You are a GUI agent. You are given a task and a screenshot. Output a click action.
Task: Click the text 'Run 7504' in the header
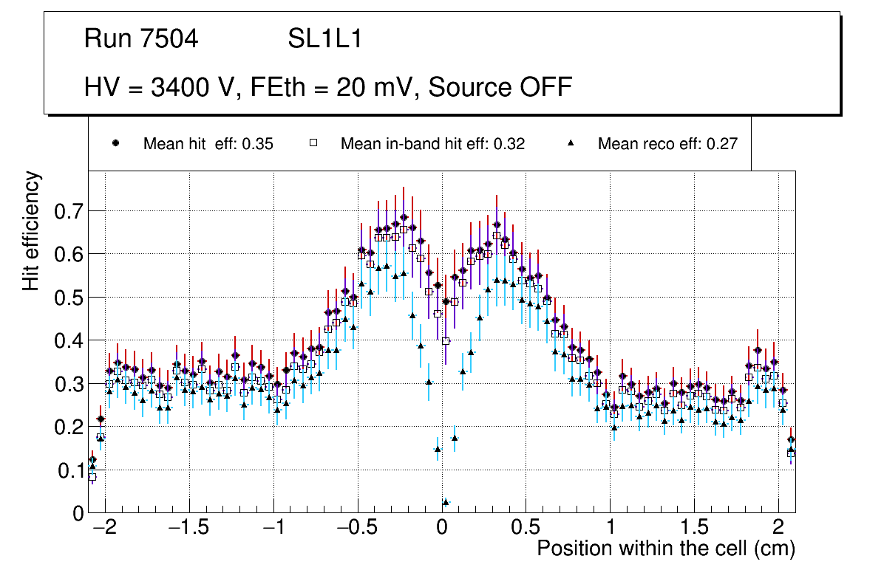pyautogui.click(x=141, y=39)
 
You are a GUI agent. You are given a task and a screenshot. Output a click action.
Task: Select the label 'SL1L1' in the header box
pyautogui.click(x=324, y=39)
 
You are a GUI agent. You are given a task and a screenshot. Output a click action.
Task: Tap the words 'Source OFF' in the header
pyautogui.click(x=500, y=88)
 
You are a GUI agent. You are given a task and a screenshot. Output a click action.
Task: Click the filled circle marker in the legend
pyautogui.click(x=115, y=143)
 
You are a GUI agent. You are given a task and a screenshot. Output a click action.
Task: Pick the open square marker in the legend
pyautogui.click(x=313, y=143)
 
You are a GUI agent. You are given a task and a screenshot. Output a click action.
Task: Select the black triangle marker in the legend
pyautogui.click(x=571, y=143)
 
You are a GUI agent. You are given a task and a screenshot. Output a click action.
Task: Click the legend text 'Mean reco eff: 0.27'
pyautogui.click(x=667, y=144)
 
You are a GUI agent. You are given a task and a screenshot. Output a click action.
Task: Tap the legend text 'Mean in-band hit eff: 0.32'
pyautogui.click(x=432, y=144)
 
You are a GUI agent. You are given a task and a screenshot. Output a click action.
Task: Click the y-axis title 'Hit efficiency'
pyautogui.click(x=32, y=230)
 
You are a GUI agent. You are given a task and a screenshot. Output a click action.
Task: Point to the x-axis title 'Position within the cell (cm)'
pyautogui.click(x=665, y=549)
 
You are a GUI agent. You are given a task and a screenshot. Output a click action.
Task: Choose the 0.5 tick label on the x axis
pyautogui.click(x=526, y=529)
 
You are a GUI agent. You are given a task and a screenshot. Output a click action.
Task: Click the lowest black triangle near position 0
pyautogui.click(x=446, y=503)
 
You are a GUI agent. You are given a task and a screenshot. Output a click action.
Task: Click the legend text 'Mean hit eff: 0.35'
pyautogui.click(x=208, y=144)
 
